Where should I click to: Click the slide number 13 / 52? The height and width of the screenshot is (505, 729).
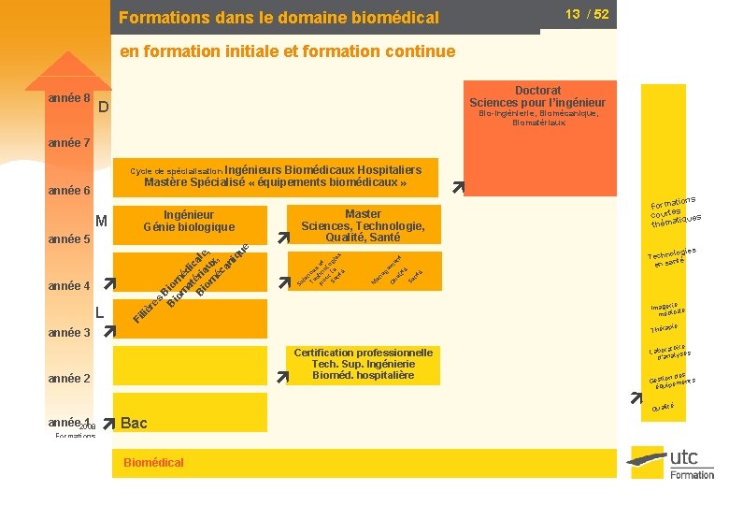pos(587,14)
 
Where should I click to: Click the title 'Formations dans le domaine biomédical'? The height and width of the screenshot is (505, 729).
pos(279,17)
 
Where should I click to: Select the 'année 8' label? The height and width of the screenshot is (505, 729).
pos(68,98)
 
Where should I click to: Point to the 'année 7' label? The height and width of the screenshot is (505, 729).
pos(68,143)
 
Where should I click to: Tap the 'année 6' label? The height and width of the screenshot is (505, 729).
pos(68,191)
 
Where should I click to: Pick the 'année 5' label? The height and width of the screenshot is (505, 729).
pos(68,238)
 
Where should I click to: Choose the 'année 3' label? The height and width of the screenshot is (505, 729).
pos(68,332)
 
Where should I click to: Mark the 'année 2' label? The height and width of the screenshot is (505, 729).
pos(68,379)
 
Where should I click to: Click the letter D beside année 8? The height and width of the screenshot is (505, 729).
pos(104,108)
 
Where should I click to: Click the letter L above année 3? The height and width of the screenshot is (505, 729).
pos(100,310)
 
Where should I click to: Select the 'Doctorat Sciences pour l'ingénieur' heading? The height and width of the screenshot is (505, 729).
pos(536,96)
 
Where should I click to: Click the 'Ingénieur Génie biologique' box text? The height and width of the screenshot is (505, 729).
pos(189,221)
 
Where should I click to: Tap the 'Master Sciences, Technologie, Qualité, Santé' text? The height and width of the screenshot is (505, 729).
pos(363,225)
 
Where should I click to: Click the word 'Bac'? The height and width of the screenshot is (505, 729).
pos(135,423)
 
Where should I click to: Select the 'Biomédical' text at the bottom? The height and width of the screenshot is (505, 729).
pos(153,462)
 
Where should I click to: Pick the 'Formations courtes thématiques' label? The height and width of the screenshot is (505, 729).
pos(675,210)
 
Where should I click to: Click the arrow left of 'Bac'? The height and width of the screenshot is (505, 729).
pos(109,423)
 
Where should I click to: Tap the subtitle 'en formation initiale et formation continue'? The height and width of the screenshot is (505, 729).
pos(288,51)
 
